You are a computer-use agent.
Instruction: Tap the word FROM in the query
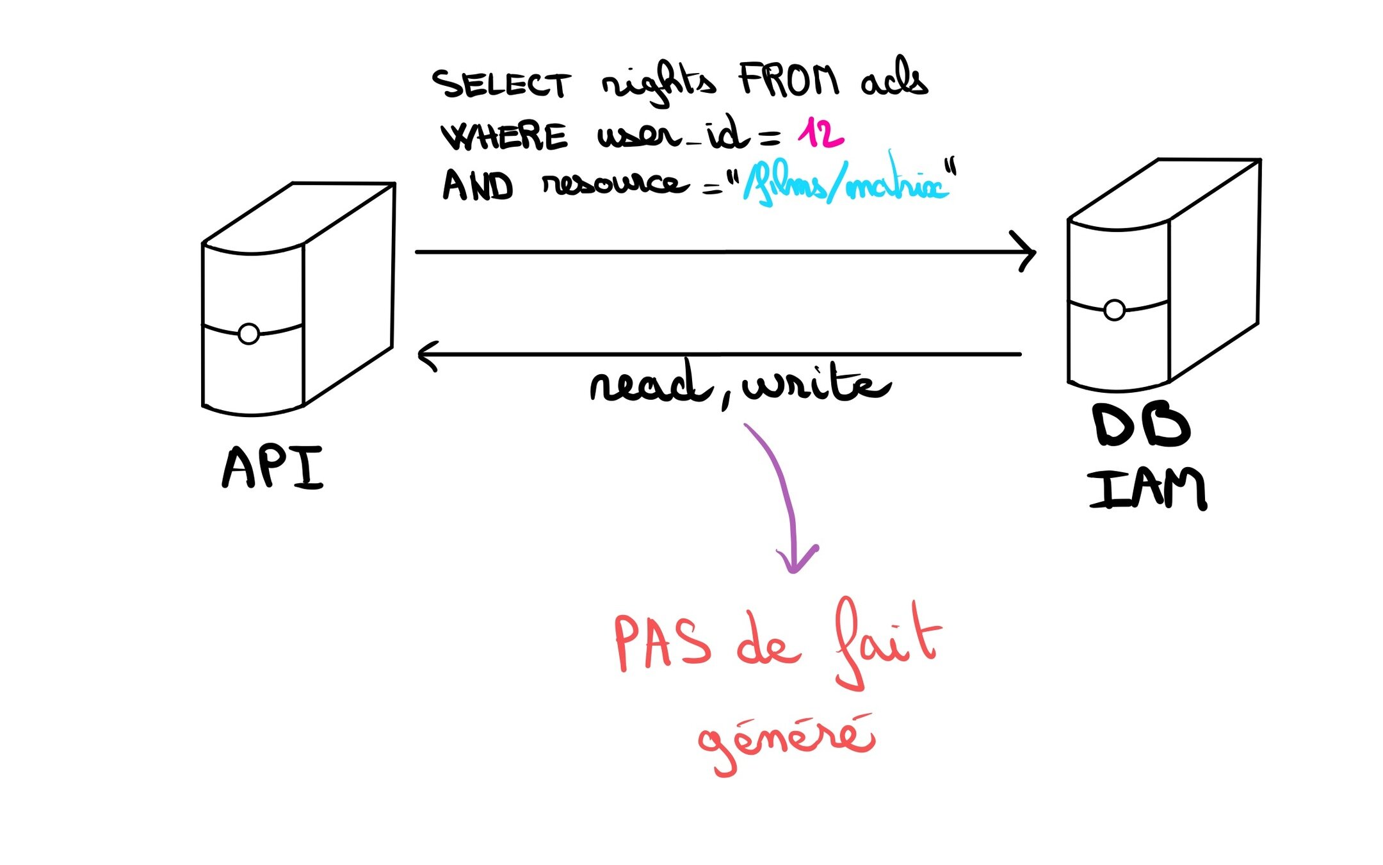tap(788, 81)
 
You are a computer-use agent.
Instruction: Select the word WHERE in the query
tap(505, 136)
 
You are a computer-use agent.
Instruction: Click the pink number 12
tap(820, 133)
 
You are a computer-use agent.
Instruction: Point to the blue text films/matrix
tap(845, 185)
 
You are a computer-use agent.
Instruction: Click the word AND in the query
tap(478, 186)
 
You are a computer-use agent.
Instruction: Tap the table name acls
tap(894, 79)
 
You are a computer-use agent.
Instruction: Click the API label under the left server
tap(273, 468)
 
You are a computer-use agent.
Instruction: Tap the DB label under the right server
tap(1142, 426)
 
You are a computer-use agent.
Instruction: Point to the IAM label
tap(1147, 490)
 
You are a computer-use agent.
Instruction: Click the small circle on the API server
tap(248, 334)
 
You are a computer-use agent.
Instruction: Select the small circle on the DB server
tap(1114, 310)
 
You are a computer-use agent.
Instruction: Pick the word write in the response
tap(816, 384)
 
